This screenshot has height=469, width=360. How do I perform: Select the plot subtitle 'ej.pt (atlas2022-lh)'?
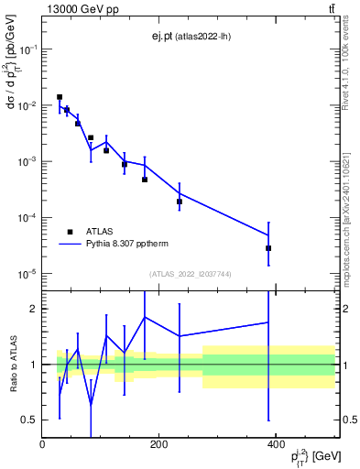189,36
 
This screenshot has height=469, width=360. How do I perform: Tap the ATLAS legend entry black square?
70,232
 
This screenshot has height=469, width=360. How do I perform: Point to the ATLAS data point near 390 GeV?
268,248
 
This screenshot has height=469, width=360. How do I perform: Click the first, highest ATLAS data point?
60,96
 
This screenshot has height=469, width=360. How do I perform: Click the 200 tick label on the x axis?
158,444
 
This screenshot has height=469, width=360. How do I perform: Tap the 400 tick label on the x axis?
276,444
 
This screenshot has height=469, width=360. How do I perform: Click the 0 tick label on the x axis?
42,444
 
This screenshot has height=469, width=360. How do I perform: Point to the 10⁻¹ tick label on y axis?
27,49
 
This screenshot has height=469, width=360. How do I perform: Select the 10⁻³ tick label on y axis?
27,161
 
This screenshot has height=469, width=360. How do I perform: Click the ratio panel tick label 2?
33,309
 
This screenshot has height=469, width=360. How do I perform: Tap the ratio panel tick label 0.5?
29,420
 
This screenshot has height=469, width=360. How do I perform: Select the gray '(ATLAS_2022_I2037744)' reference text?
189,274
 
